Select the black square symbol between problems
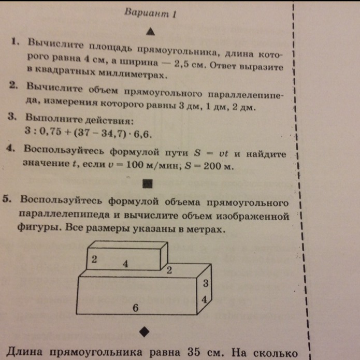tap(148, 183)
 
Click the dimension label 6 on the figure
tap(135, 307)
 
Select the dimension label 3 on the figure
tap(206, 284)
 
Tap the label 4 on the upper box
tap(125, 264)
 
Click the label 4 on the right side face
tap(205, 300)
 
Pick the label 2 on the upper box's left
tap(94, 260)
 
